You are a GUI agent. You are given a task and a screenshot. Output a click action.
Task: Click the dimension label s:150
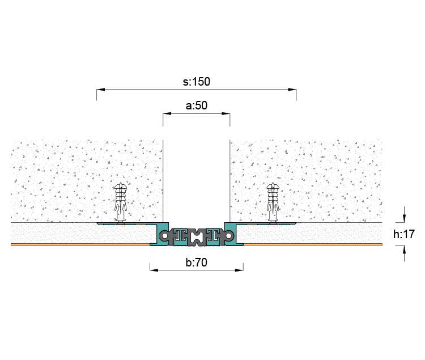(196, 82)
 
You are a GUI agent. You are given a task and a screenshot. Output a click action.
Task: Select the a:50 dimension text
(197, 105)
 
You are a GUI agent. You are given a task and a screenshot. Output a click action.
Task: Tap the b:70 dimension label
(197, 262)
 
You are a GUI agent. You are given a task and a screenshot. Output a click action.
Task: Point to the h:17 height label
(404, 234)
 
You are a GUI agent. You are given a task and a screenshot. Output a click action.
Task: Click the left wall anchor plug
(120, 201)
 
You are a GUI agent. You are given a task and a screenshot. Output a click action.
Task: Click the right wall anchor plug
(273, 201)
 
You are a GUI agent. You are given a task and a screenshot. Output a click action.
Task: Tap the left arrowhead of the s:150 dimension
(100, 90)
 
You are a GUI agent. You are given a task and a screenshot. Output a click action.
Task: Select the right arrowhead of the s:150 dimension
(292, 90)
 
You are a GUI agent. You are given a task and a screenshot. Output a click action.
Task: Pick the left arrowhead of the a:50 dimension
(167, 113)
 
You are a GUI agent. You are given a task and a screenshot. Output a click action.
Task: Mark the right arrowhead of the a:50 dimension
(226, 113)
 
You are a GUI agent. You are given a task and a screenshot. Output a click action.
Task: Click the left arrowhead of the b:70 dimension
(154, 270)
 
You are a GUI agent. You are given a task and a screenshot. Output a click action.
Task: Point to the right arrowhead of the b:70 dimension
(239, 270)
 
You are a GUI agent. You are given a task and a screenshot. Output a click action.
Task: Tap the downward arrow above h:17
(404, 218)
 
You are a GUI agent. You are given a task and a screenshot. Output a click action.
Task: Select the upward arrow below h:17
(404, 249)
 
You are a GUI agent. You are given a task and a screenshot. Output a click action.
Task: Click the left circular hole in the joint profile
(164, 236)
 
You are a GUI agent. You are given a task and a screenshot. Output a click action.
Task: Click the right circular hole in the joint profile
(228, 236)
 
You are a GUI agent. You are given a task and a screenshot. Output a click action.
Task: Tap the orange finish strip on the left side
(80, 244)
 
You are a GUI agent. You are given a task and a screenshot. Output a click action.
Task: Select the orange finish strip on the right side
(313, 244)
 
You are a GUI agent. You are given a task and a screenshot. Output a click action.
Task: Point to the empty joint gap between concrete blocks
(197, 181)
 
